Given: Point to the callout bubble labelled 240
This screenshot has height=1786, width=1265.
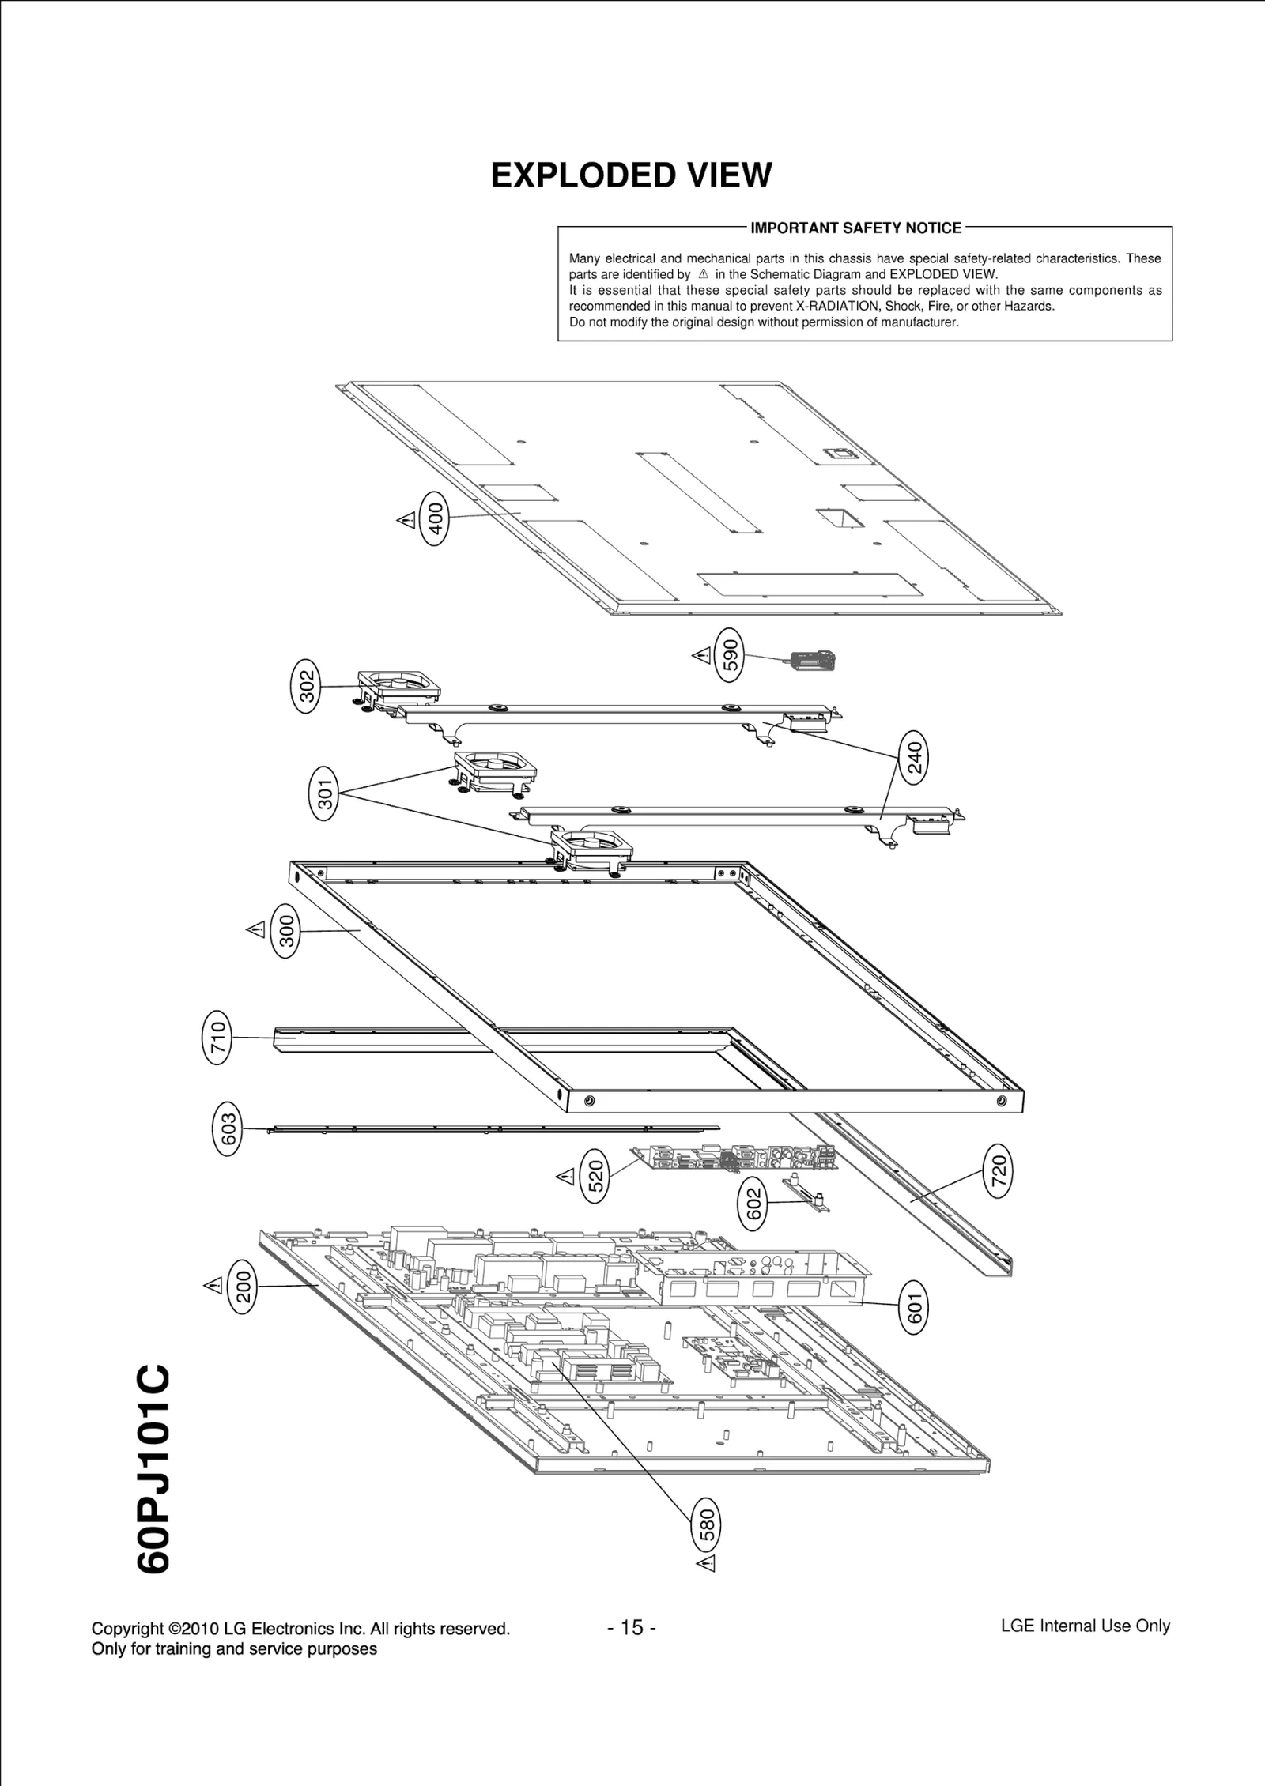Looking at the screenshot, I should [914, 757].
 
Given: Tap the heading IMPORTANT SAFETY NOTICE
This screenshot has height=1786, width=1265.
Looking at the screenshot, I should [855, 228].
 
